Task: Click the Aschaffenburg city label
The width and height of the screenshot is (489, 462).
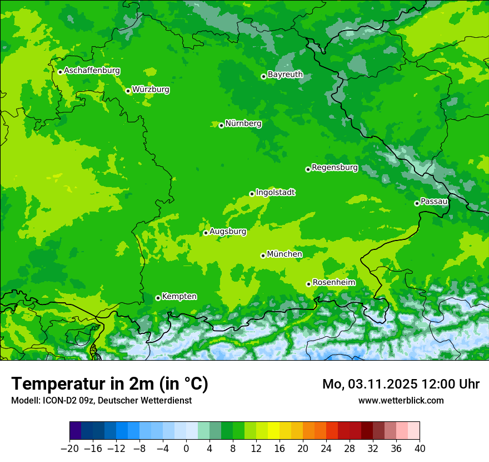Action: point(92,71)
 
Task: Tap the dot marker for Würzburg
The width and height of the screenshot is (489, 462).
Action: point(128,91)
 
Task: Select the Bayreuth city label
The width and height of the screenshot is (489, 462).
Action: point(285,75)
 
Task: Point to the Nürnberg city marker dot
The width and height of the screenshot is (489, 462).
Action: point(221,125)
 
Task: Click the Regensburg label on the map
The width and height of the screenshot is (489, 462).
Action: point(335,168)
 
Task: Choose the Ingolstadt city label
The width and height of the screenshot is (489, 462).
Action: point(275,193)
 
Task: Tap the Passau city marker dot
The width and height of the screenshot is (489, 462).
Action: point(417,203)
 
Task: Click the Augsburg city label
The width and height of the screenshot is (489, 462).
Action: point(227,231)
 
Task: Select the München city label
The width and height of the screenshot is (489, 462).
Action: point(285,254)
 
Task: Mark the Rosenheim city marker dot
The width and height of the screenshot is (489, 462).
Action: point(308,284)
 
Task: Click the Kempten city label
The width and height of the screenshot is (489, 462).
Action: point(179,296)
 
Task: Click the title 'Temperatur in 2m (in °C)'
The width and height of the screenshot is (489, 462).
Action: point(109,384)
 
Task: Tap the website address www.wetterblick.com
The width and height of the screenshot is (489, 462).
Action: point(401,400)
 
